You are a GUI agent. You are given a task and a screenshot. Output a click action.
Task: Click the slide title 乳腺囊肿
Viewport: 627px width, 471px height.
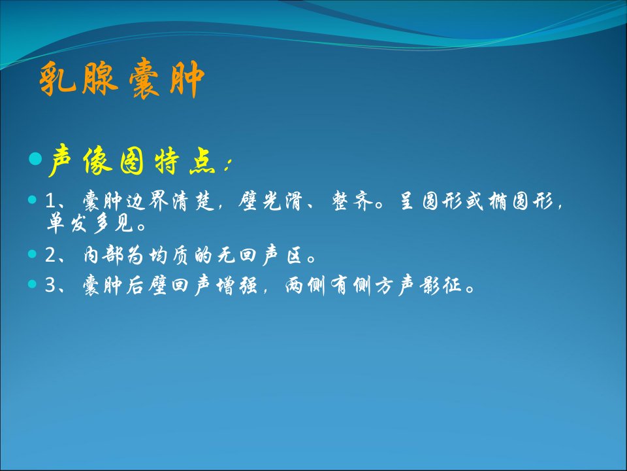(122, 79)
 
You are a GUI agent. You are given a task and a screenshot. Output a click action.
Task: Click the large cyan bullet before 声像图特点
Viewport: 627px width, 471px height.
(35, 158)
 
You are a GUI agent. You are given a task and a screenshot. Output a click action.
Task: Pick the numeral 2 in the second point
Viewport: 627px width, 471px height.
(51, 255)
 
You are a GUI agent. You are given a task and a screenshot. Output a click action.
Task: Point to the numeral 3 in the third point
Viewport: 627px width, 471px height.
(51, 285)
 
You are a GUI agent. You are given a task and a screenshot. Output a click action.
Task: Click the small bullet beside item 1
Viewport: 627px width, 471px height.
(33, 200)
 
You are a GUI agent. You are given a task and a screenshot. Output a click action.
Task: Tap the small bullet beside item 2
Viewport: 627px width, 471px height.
(33, 254)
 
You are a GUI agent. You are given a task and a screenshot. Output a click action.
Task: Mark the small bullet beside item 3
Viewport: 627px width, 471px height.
(33, 284)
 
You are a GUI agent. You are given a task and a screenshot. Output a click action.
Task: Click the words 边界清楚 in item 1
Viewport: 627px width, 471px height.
(170, 201)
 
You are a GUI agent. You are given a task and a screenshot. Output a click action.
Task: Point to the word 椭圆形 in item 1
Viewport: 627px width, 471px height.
(521, 201)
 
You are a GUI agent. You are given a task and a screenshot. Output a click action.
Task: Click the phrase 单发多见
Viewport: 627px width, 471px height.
(90, 223)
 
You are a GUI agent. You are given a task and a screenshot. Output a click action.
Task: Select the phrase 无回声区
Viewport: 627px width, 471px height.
(259, 255)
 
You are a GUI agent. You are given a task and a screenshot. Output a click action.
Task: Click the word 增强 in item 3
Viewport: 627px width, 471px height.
(236, 285)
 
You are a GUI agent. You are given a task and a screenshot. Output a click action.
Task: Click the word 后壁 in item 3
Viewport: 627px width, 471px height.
(147, 285)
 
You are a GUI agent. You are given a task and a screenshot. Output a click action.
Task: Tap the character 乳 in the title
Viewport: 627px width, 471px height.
(57, 79)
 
